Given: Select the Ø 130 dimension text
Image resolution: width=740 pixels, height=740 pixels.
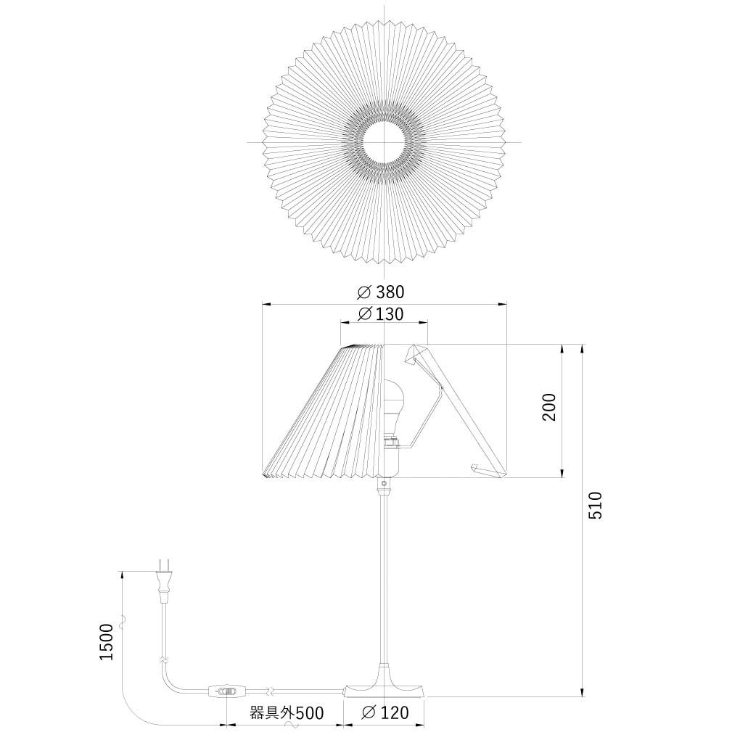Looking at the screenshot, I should coord(382,314).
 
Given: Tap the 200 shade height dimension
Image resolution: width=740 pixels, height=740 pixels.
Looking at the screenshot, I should coord(549,408).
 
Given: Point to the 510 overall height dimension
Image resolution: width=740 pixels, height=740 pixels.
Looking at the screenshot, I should coord(595,505).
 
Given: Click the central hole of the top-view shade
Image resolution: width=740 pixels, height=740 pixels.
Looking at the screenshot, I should coord(384,142).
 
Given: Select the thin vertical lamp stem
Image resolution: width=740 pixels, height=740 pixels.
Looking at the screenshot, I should coord(382,580).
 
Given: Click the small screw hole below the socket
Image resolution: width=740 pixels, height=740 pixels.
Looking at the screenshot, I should coord(383,482).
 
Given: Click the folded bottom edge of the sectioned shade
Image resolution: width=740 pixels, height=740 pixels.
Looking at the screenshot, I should coord(488,471).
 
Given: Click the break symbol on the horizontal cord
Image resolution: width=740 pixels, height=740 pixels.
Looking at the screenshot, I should coord(270,690).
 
